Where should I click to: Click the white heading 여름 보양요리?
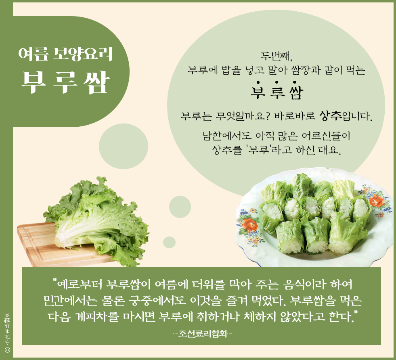(x=65, y=54)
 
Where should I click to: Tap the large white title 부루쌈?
(x=65, y=82)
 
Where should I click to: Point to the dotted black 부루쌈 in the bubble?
(x=277, y=90)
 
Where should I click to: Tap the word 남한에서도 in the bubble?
(x=227, y=136)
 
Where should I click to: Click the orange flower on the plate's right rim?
(x=376, y=201)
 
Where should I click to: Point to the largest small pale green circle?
(x=123, y=146)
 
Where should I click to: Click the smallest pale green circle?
(x=169, y=243)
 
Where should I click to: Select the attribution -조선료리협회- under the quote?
(x=203, y=334)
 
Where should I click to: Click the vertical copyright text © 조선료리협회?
(x=7, y=332)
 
